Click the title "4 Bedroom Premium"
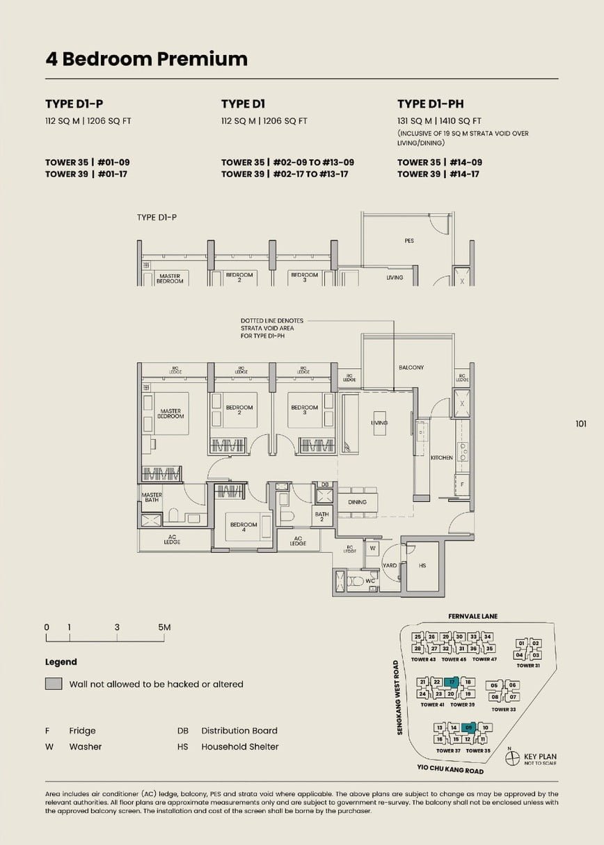(x=146, y=59)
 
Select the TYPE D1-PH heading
(x=430, y=104)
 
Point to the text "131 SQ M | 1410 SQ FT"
(x=438, y=120)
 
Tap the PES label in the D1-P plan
(x=409, y=241)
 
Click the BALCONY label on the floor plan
(x=411, y=368)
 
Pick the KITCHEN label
(x=441, y=458)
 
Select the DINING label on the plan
(x=357, y=502)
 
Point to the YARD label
(x=390, y=565)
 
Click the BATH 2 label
(x=321, y=516)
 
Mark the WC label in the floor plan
(x=370, y=581)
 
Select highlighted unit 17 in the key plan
(x=452, y=682)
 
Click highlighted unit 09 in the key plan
(x=469, y=728)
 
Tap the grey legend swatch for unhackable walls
(x=54, y=684)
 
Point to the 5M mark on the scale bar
(x=164, y=627)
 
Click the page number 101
(x=581, y=423)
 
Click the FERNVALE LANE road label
(x=473, y=616)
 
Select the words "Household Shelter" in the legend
(x=239, y=747)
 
